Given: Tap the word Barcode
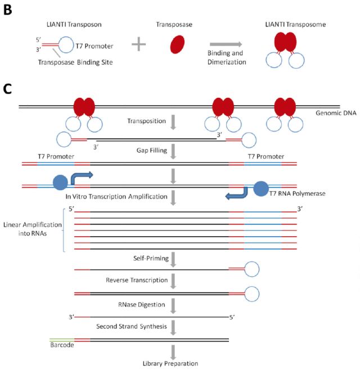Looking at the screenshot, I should (61, 345).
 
